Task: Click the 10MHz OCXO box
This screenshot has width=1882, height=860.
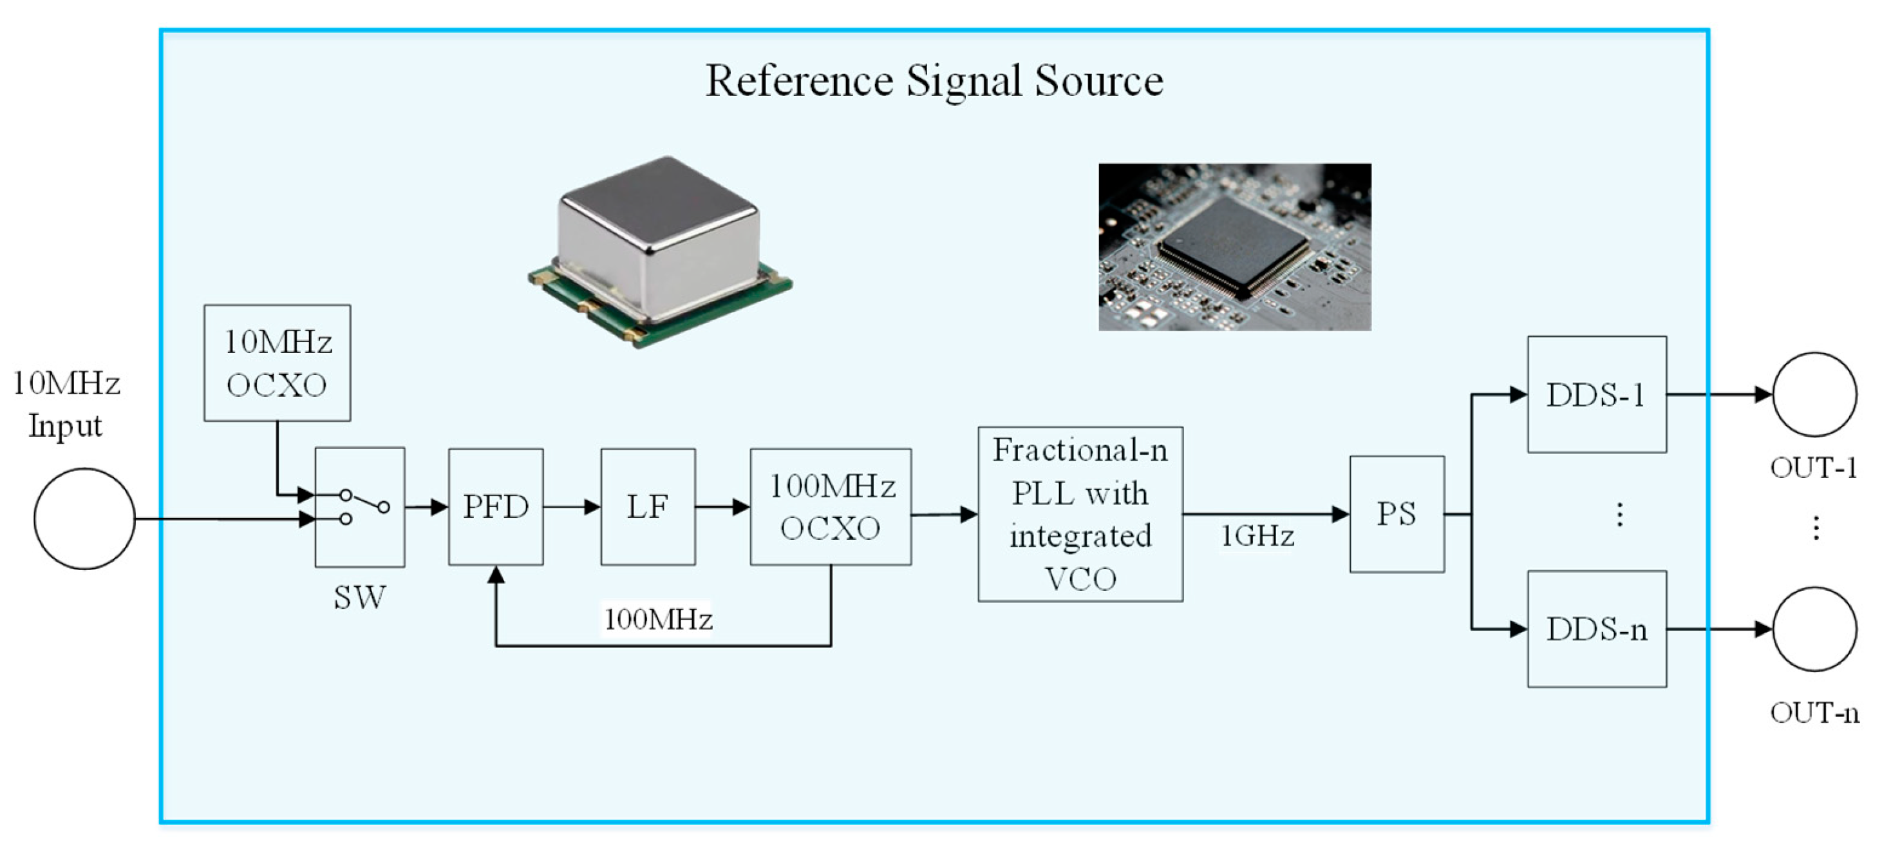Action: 277,363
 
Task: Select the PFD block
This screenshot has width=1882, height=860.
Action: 495,506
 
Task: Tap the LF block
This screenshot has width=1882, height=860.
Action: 648,506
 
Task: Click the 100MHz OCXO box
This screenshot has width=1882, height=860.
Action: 831,506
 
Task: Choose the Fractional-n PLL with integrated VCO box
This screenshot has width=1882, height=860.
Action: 1080,513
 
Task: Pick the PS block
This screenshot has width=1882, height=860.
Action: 1397,513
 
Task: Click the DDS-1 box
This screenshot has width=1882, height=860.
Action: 1597,394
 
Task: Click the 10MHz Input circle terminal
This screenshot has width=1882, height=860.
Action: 84,519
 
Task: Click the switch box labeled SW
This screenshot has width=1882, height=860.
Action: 359,507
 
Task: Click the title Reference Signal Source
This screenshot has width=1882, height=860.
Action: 934,81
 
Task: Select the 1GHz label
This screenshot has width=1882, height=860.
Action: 1257,537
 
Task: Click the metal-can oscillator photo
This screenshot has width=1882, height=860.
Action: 661,252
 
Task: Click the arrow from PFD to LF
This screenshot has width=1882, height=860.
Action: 572,507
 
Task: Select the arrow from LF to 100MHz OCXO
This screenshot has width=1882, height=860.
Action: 723,507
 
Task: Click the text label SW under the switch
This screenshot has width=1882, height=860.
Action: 359,598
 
